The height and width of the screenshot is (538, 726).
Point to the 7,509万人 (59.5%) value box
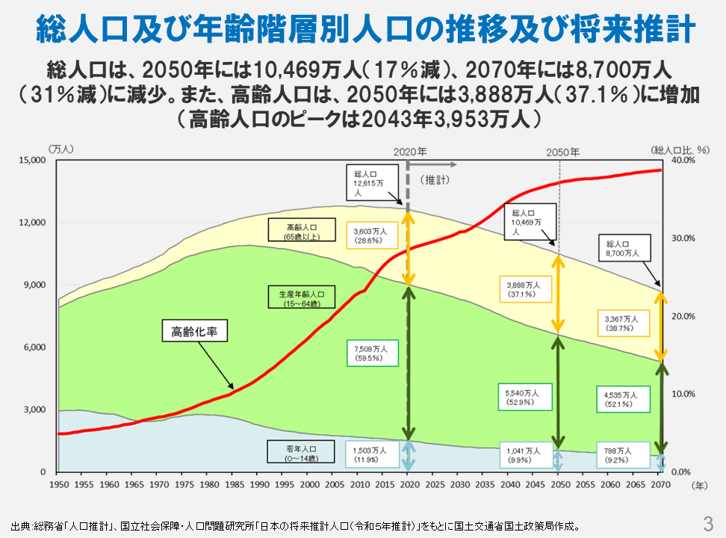(x=369, y=353)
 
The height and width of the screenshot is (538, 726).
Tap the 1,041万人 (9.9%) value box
(x=521, y=455)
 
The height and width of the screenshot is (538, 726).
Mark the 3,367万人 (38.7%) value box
(x=622, y=322)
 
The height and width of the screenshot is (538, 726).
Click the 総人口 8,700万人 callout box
(x=623, y=249)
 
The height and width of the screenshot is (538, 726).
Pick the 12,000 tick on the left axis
(x=32, y=223)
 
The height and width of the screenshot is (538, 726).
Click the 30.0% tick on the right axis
(x=683, y=238)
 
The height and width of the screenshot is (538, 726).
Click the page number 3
(x=708, y=521)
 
